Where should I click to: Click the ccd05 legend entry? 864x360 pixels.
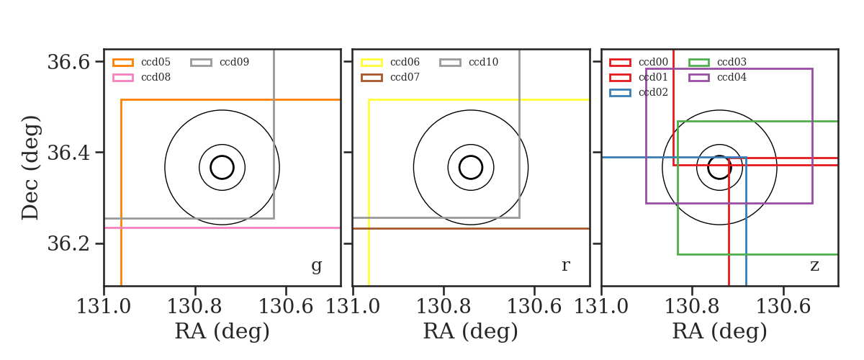[142, 62]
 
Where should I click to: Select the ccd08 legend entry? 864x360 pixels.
[142, 78]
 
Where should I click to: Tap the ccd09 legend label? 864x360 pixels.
[234, 62]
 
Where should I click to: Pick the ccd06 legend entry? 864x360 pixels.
[390, 62]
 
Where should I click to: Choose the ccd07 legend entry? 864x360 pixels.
[390, 78]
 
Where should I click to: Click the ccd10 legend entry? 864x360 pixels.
[469, 62]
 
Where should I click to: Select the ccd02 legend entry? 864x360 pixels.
[639, 93]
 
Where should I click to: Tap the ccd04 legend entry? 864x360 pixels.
[717, 78]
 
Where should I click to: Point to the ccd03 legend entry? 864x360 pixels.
[717, 62]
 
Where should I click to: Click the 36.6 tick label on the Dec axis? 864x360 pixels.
[68, 62]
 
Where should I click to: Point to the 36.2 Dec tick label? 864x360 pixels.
[68, 244]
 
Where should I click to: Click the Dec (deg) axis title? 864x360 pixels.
[30, 168]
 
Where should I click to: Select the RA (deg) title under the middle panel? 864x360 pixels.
[471, 331]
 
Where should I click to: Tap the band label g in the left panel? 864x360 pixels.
[316, 266]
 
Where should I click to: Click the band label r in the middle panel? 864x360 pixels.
[565, 265]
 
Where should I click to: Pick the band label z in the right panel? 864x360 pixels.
[814, 266]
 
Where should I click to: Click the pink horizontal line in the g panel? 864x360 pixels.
[222, 228]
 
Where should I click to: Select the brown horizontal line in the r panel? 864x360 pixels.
[471, 229]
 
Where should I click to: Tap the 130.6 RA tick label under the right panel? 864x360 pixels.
[783, 307]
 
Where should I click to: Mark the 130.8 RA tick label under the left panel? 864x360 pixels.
[194, 307]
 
